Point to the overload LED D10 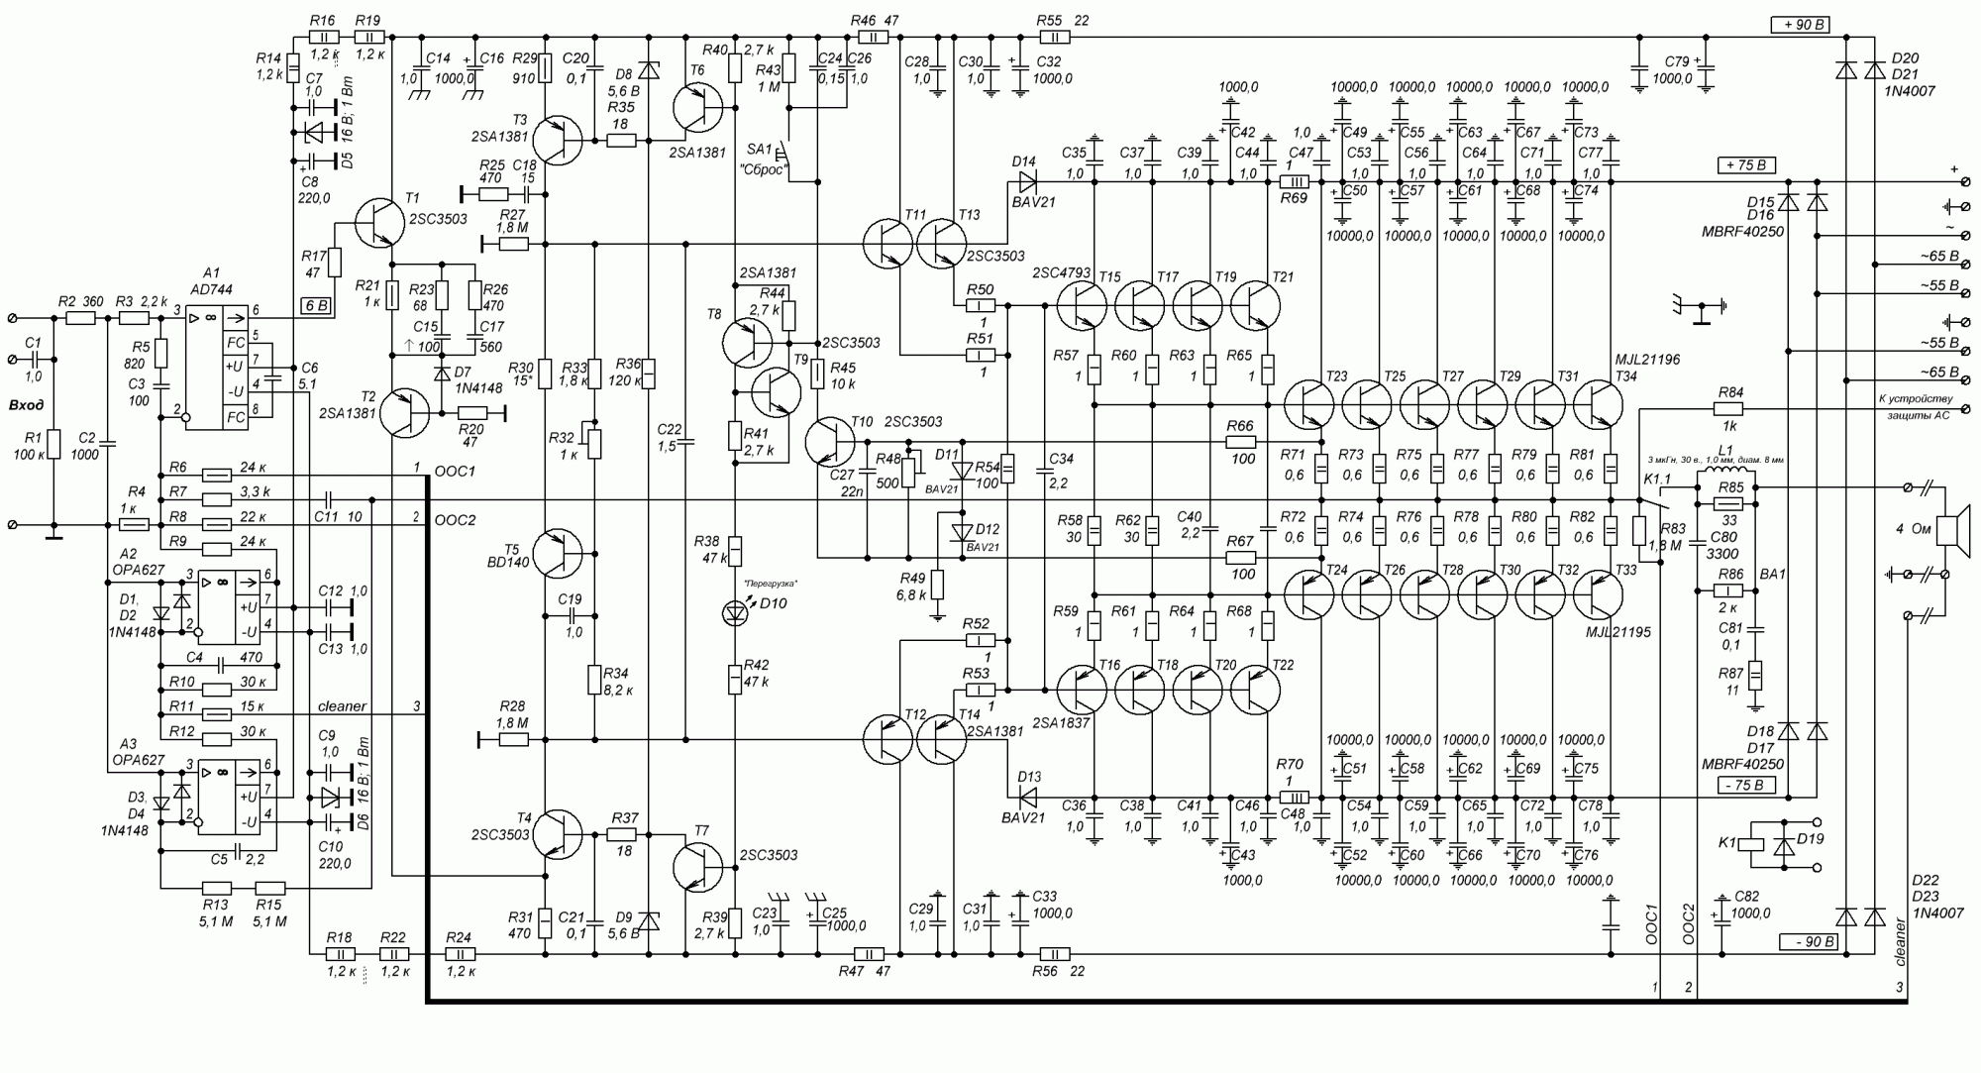[x=734, y=613]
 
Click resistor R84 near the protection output [x=1727, y=408]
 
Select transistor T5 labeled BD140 [x=559, y=554]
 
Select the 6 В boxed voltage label [x=315, y=306]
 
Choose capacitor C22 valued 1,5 [x=685, y=437]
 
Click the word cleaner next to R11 [x=343, y=706]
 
